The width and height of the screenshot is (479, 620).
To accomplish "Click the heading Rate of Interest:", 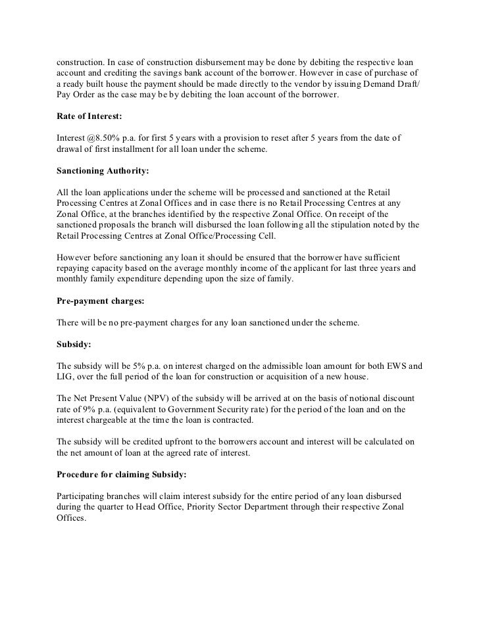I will point(85,116).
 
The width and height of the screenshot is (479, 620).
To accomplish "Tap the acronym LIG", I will point(66,376).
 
